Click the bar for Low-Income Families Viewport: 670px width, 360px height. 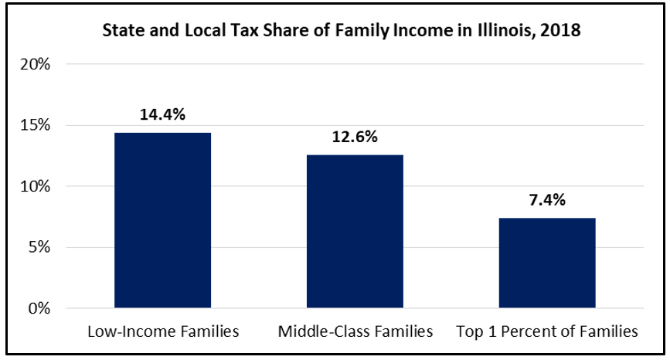click(162, 221)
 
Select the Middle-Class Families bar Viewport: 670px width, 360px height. click(355, 232)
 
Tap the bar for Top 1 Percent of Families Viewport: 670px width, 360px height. click(547, 263)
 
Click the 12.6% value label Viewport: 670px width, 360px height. click(355, 138)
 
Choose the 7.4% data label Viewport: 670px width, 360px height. click(547, 201)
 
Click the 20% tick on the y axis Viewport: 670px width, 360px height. click(36, 64)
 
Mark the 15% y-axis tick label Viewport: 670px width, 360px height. click(36, 125)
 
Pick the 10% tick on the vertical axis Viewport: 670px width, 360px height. click(36, 186)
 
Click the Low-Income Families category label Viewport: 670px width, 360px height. click(162, 332)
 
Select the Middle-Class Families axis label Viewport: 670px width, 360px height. click(355, 332)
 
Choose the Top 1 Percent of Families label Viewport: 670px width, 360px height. click(547, 332)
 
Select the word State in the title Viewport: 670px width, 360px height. click(124, 32)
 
